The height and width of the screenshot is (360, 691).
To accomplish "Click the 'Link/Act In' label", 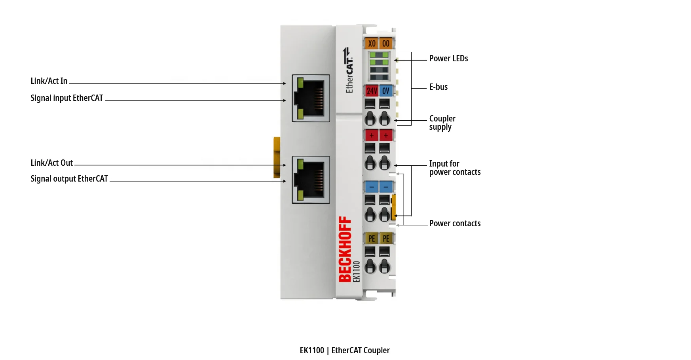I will (x=49, y=81).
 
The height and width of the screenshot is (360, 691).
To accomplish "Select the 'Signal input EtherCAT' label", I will (x=66, y=98).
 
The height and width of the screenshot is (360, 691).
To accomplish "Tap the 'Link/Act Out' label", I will (x=52, y=163).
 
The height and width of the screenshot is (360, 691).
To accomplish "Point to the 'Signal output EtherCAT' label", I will (x=69, y=179).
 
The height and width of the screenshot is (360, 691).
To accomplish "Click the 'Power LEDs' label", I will (x=448, y=59).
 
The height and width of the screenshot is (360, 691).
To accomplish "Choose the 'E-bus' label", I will (x=439, y=87).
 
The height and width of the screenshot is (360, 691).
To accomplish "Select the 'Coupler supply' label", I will (x=442, y=123).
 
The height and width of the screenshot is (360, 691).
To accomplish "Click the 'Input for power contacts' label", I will (x=455, y=168).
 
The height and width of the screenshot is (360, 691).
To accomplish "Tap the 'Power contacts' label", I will (x=455, y=224).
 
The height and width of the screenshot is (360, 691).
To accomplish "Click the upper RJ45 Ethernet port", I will (x=311, y=98).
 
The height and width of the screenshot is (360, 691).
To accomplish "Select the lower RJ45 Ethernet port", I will (x=311, y=180).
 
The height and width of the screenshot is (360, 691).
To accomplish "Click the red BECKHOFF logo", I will (x=345, y=249).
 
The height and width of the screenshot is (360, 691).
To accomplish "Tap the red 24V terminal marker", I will (x=372, y=91).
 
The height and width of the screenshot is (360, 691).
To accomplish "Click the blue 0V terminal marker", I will (x=386, y=91).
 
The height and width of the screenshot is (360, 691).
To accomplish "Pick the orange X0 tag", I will (x=372, y=44).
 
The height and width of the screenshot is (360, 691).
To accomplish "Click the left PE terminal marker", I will (x=372, y=238).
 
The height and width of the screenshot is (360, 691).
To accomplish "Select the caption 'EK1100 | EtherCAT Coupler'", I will (x=345, y=351).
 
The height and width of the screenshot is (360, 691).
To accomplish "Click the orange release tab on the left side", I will (x=277, y=157).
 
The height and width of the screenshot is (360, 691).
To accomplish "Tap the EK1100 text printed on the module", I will (x=357, y=271).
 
